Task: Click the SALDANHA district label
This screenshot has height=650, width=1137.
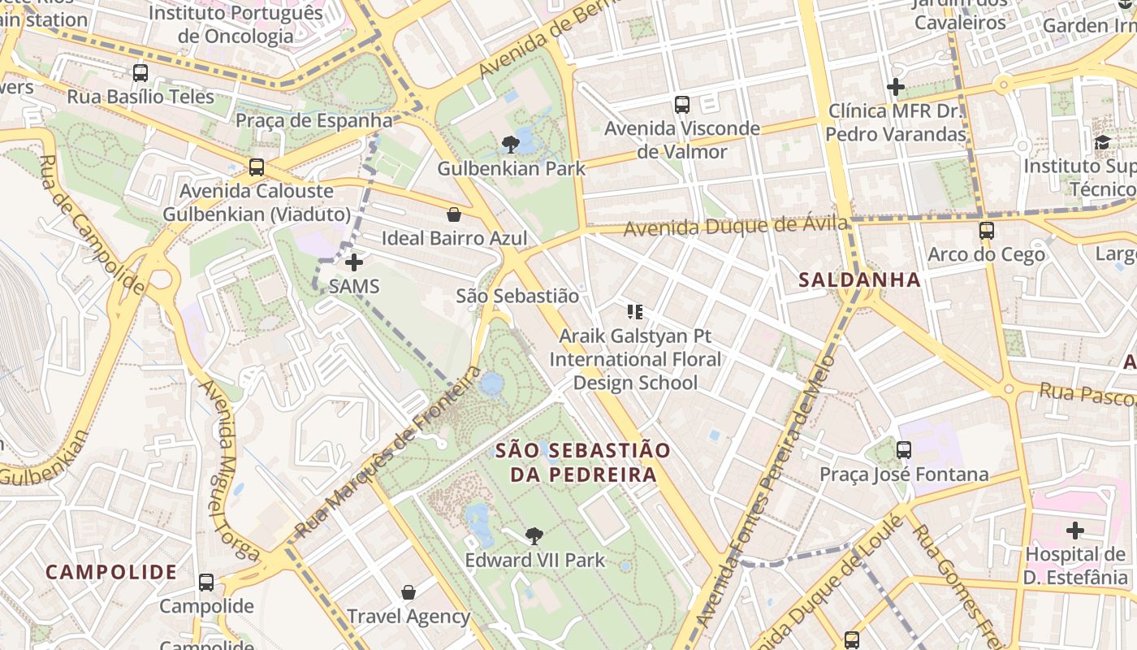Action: point(859,280)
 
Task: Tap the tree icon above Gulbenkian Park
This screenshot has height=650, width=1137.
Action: point(511,145)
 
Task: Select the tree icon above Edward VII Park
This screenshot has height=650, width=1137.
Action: point(534,536)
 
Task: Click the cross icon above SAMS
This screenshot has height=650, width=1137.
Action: point(354,262)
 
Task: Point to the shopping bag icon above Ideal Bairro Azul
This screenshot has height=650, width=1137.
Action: point(454,214)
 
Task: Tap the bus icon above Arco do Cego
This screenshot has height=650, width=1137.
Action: point(986,231)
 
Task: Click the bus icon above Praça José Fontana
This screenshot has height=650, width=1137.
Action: point(903,450)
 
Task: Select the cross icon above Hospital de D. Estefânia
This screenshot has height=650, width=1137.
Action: point(1075,531)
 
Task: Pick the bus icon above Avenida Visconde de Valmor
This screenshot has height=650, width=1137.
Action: point(682,105)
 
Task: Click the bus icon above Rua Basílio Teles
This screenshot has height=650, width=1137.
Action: point(141,73)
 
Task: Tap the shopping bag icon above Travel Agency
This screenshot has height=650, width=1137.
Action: point(409,593)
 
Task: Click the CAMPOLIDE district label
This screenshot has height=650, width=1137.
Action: point(111,572)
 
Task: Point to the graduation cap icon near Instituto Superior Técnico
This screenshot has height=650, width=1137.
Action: point(1102,143)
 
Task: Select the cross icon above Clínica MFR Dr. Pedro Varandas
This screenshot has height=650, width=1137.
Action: point(896,86)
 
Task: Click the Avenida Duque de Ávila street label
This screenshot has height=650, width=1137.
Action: point(735,226)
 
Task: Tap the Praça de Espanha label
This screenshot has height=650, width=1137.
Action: point(313,121)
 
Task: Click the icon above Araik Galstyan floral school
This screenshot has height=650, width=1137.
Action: point(635,312)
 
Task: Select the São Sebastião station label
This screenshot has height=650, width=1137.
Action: point(517,297)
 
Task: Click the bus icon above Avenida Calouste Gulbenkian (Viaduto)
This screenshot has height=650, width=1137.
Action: point(257,167)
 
